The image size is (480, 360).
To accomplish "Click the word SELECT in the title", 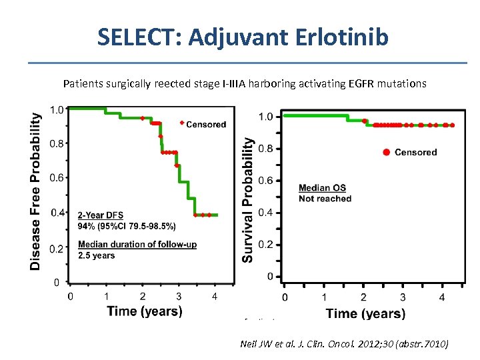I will [x=137, y=37].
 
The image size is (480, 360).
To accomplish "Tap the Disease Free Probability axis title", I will [x=35, y=191].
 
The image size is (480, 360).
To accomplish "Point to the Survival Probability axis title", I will [x=248, y=200].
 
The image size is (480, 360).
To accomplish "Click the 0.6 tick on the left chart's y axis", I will [x=57, y=177].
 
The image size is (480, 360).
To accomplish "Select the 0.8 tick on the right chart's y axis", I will [x=265, y=149].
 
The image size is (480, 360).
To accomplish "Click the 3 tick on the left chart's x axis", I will [x=179, y=296].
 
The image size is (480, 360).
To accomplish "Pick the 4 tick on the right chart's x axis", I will [x=441, y=297].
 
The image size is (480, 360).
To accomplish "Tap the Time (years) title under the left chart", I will [x=144, y=311].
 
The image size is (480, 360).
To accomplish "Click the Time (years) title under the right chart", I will [x=365, y=313].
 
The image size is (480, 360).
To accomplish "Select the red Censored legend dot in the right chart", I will [x=386, y=153].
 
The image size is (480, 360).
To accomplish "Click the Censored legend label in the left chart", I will [x=206, y=124].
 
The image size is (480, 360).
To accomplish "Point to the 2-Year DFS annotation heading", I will [x=100, y=215].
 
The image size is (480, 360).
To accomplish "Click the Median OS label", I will [x=322, y=189].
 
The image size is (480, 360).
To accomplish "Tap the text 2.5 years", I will [x=96, y=255].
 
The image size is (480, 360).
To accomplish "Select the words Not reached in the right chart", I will [x=325, y=199].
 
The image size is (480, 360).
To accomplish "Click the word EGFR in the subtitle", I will [x=359, y=84].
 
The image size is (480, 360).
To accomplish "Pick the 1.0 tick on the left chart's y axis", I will [x=57, y=109].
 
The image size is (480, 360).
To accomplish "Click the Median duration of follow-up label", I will [x=137, y=245].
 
